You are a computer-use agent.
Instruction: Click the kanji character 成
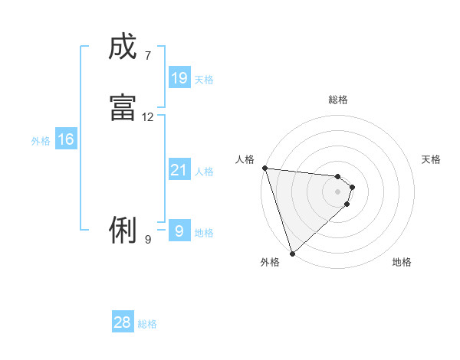click(x=123, y=47)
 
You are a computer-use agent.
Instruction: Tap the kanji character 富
click(x=123, y=108)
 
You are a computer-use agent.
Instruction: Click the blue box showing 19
click(x=179, y=77)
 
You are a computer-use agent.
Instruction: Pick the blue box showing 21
click(x=179, y=170)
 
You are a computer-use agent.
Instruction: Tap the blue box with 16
click(x=65, y=139)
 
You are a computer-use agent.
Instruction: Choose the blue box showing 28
click(x=123, y=322)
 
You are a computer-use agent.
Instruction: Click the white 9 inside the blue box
click(x=179, y=231)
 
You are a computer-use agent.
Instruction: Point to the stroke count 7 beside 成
click(x=147, y=55)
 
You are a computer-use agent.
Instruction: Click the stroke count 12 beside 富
click(x=148, y=117)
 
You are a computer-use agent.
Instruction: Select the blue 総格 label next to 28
click(x=147, y=324)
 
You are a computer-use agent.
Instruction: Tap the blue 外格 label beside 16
click(x=41, y=141)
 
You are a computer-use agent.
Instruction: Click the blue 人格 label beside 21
click(x=205, y=172)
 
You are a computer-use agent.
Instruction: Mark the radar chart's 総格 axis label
click(x=338, y=100)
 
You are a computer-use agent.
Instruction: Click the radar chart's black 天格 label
click(x=431, y=159)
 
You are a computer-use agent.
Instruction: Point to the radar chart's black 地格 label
click(x=402, y=262)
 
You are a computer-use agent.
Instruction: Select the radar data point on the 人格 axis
click(x=264, y=168)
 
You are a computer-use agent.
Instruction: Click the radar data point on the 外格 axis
click(x=292, y=254)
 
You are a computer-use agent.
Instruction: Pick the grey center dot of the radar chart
click(x=338, y=191)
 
